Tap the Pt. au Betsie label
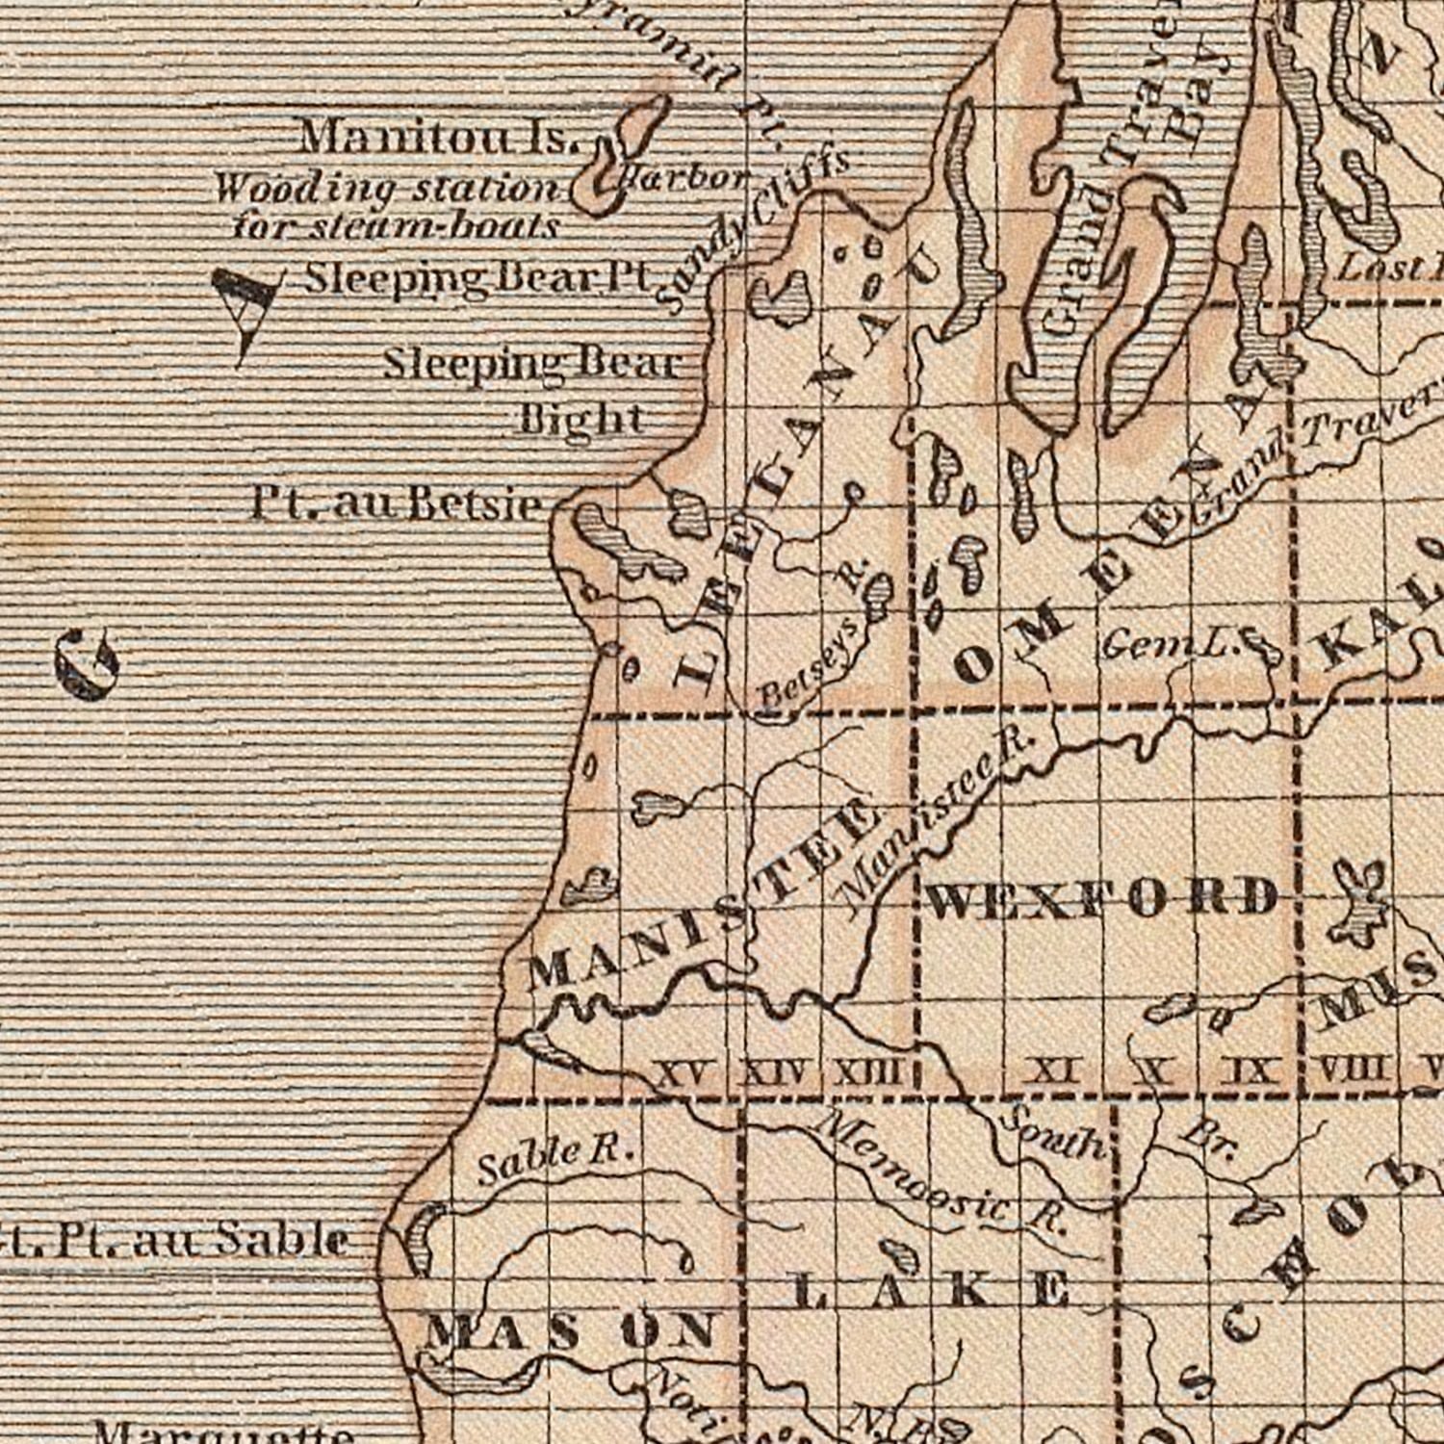tap(395, 503)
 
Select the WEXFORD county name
tap(1102, 899)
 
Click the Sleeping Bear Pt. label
tap(478, 278)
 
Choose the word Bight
tap(581, 419)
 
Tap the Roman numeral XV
tap(685, 1071)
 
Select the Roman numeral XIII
tap(865, 1071)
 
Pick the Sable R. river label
tap(555, 1160)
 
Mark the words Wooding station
tap(385, 187)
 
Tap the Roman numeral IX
tap(1249, 1070)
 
